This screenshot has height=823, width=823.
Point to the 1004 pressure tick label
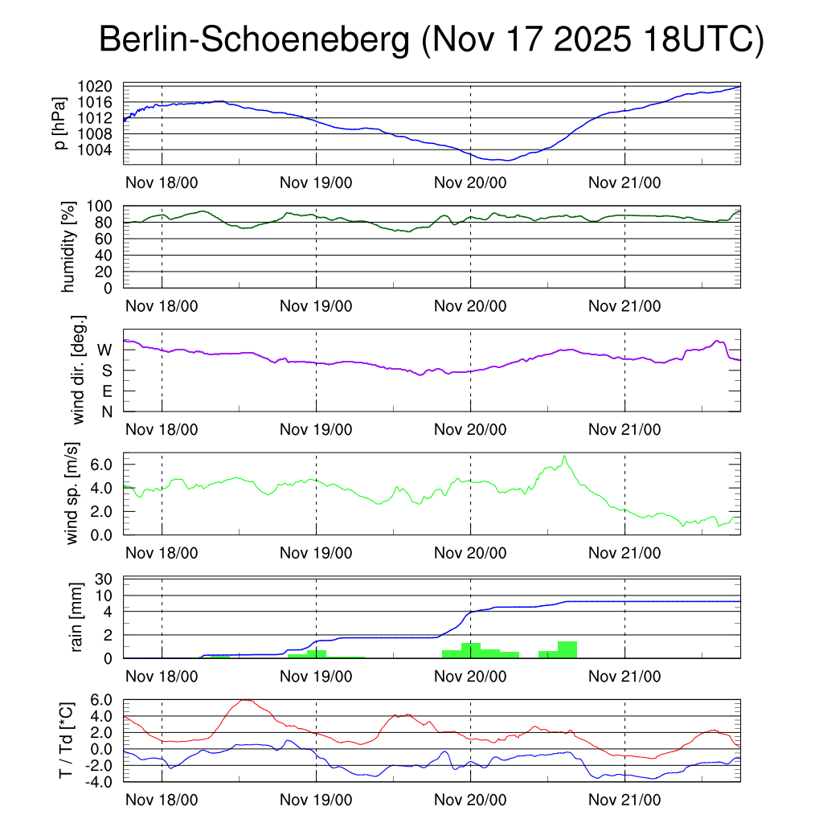[x=100, y=149]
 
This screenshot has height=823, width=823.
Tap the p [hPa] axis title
[x=60, y=124]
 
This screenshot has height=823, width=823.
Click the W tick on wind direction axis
[x=104, y=350]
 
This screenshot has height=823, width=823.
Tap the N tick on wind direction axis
[x=106, y=411]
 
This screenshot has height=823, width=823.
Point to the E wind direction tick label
[x=106, y=391]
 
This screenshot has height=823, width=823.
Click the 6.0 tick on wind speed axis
[x=100, y=465]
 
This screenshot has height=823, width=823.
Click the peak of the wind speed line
[x=564, y=457]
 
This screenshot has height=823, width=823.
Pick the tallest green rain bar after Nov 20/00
[x=567, y=649]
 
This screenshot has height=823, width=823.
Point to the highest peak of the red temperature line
[x=245, y=700]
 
